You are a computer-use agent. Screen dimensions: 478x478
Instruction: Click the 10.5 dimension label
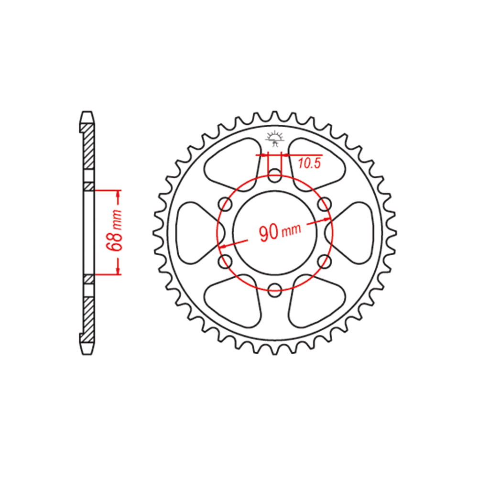309,163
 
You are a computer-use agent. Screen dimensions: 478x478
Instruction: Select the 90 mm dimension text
280,232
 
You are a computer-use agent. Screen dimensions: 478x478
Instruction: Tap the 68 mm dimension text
116,230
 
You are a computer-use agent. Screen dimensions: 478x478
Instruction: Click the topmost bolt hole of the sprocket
275,175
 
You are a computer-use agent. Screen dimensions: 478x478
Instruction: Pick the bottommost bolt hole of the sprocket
275,289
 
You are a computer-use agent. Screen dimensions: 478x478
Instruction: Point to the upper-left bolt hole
226,204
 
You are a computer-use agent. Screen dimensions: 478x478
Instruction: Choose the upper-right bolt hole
324,204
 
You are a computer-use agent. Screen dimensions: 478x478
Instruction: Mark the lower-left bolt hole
226,261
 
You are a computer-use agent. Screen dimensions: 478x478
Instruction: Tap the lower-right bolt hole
324,261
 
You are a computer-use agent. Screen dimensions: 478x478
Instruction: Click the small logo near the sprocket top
275,139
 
